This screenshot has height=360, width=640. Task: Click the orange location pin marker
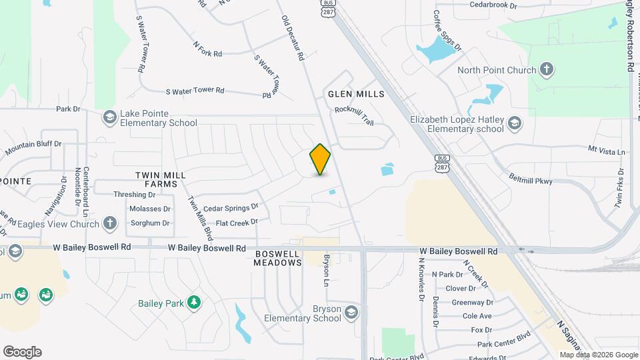[320, 159]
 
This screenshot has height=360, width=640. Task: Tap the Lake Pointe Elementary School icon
[109, 117]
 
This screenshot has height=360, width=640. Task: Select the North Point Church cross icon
[546, 70]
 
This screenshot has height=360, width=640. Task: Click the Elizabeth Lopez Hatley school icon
[515, 123]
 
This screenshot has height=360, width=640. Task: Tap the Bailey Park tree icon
[194, 303]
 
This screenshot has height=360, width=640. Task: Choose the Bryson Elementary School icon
[351, 313]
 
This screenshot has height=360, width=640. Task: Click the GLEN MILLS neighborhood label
[356, 94]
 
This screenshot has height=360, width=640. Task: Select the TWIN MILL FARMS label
[161, 179]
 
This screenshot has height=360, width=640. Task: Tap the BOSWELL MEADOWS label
[278, 258]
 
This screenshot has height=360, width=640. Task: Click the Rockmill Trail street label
[354, 116]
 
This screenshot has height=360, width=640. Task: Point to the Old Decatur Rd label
[293, 39]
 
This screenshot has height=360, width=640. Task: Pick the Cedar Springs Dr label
[231, 208]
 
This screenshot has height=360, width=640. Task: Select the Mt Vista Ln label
[607, 152]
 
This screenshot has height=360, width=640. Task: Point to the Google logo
[22, 351]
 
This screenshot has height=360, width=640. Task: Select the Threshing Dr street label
[134, 195]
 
